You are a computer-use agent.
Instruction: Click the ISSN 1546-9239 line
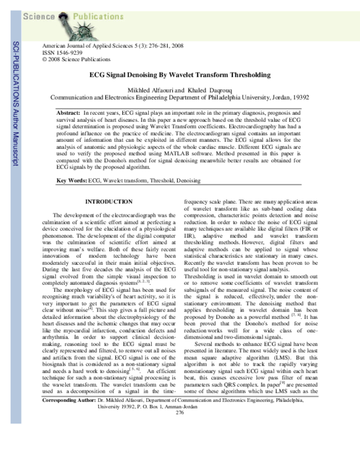[59, 52]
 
